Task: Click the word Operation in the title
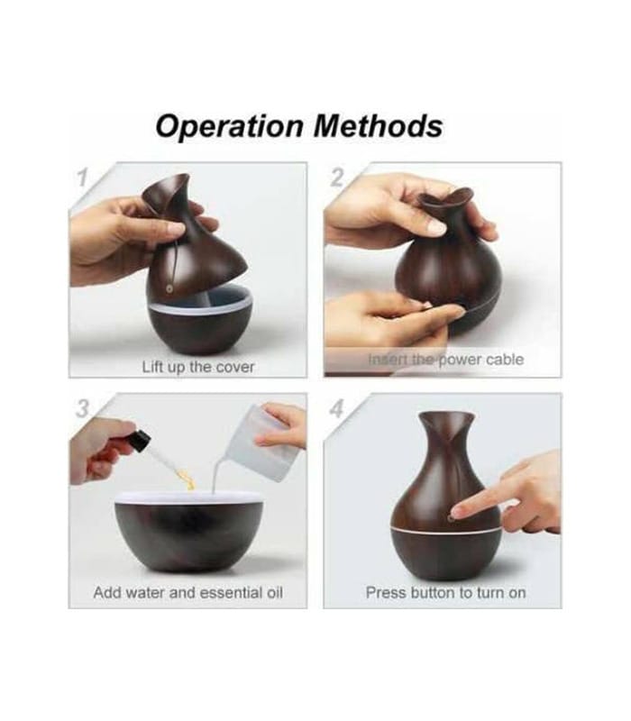tap(230, 126)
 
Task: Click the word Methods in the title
tap(378, 125)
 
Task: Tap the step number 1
tap(82, 178)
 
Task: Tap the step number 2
tap(337, 178)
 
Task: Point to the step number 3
tap(82, 408)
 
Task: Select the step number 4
tap(337, 408)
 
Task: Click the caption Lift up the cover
tap(198, 367)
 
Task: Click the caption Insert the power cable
tap(445, 359)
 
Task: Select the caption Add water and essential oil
tap(188, 592)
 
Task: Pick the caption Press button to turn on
tap(445, 592)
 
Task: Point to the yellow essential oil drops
tap(187, 479)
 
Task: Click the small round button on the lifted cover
tap(169, 288)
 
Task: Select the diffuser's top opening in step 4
tap(446, 417)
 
